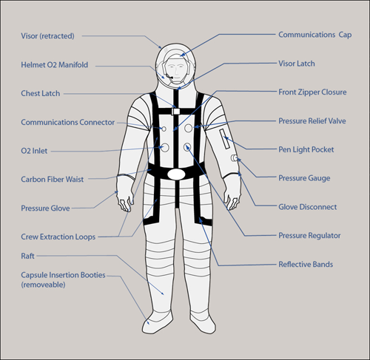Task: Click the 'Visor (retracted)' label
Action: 47,36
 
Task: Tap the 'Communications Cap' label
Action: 315,35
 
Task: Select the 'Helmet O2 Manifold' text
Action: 55,65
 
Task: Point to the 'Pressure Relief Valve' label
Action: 312,121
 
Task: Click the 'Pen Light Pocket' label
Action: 306,149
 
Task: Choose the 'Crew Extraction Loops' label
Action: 58,237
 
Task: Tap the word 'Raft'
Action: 27,256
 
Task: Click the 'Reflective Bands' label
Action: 306,265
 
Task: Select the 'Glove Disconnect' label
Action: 308,207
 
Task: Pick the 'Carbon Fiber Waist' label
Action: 53,180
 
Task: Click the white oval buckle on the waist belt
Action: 176,174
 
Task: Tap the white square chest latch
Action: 175,112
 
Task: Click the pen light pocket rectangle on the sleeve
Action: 224,138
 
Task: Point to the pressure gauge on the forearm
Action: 234,158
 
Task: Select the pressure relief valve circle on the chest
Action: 189,128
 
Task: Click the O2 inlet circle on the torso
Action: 165,148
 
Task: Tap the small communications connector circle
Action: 164,129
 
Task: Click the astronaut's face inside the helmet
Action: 176,69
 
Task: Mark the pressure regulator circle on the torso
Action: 187,147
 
